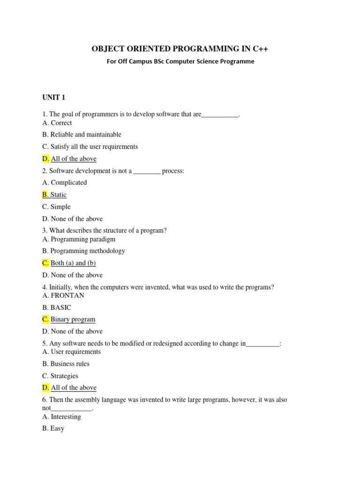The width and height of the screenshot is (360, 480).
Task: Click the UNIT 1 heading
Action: pos(53,97)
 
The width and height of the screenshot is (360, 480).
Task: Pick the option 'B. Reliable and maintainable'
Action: pos(82,135)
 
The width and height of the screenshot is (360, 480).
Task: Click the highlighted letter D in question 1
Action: pos(45,158)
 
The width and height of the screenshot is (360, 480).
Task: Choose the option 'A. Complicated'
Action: pos(64,182)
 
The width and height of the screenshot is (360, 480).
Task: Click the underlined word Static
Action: pos(59,195)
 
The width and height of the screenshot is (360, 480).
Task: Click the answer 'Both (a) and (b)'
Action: pos(73,263)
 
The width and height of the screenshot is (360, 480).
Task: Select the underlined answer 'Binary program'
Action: pos(73,319)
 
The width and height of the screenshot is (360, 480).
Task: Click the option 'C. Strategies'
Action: pos(60,376)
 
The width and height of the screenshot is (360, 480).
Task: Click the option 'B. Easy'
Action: pos(53,428)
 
